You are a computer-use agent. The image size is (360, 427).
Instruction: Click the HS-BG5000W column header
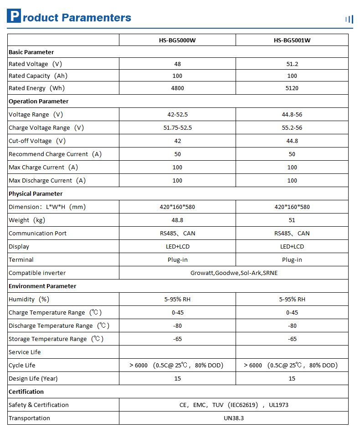tap(177, 40)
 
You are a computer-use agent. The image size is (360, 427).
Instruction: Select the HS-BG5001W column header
tap(292, 40)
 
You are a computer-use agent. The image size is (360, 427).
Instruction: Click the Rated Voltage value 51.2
tap(292, 64)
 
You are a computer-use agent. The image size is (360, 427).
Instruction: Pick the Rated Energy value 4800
tap(177, 88)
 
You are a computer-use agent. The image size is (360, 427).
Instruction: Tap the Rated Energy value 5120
tap(292, 88)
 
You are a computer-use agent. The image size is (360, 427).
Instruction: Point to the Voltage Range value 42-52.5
tap(177, 115)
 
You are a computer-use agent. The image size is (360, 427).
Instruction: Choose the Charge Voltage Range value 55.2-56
tap(292, 128)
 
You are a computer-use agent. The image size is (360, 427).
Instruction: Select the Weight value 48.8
tap(177, 220)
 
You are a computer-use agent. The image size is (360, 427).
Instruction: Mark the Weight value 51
tap(292, 220)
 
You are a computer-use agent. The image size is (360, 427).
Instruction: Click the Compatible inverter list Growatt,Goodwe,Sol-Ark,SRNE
tap(233, 273)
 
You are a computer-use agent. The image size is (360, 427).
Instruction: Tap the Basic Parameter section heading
tap(31, 52)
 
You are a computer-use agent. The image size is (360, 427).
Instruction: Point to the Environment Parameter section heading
tap(42, 286)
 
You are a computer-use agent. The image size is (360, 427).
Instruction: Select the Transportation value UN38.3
tap(233, 418)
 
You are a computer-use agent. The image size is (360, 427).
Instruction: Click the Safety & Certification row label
tap(39, 405)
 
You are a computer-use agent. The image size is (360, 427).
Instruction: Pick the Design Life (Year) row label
tap(33, 379)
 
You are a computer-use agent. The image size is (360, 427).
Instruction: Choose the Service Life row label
tap(25, 352)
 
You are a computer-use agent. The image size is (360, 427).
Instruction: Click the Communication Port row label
tap(37, 234)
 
